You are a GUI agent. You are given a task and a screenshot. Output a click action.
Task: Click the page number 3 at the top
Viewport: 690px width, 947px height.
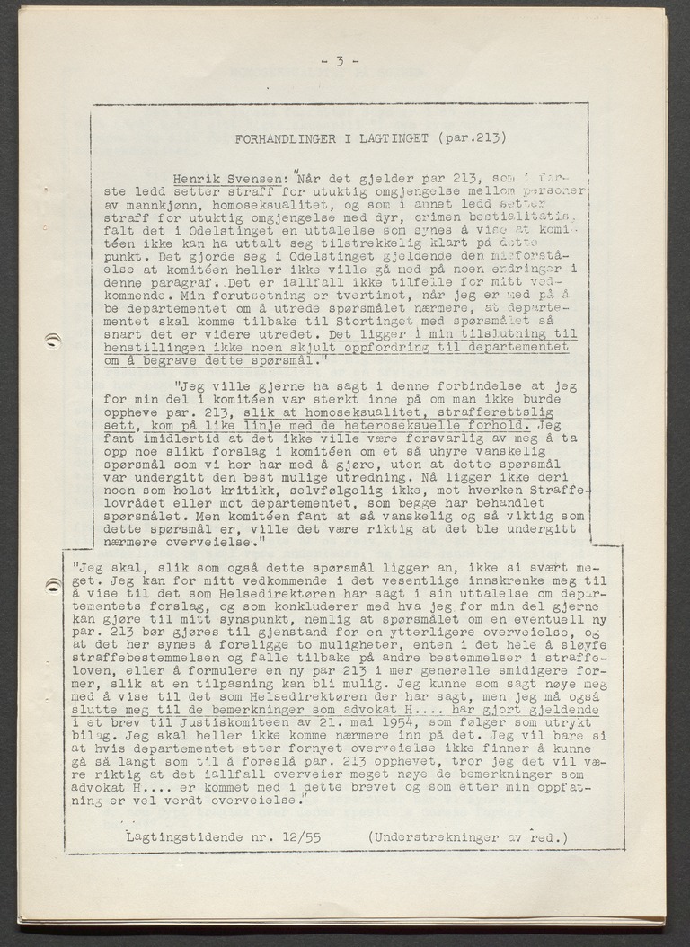(x=340, y=62)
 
